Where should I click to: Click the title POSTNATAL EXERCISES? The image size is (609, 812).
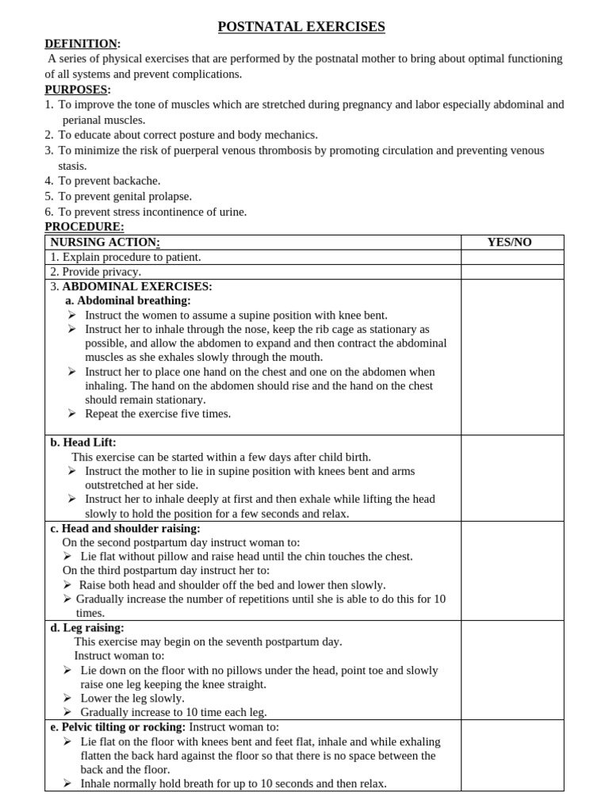(301, 27)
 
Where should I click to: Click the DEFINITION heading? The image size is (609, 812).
(81, 43)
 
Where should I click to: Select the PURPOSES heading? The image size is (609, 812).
(76, 89)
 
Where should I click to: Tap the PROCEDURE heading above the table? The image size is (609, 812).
(84, 227)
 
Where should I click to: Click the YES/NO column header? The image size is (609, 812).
(509, 242)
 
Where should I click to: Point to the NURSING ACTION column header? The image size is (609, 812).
(105, 242)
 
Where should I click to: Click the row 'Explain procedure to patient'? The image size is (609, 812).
(125, 257)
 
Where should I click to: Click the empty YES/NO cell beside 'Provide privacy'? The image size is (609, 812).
(512, 272)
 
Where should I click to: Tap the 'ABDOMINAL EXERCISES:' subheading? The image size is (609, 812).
(136, 286)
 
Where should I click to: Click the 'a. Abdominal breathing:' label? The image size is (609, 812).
(128, 301)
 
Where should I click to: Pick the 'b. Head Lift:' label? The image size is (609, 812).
(83, 442)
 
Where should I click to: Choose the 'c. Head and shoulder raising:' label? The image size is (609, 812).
(125, 528)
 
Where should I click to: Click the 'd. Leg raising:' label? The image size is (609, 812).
(87, 627)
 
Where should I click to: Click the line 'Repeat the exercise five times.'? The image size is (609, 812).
(158, 414)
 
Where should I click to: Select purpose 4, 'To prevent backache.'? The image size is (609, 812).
(109, 181)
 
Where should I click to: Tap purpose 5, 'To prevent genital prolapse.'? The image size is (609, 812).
(124, 196)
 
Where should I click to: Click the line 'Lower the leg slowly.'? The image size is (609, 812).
(132, 699)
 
